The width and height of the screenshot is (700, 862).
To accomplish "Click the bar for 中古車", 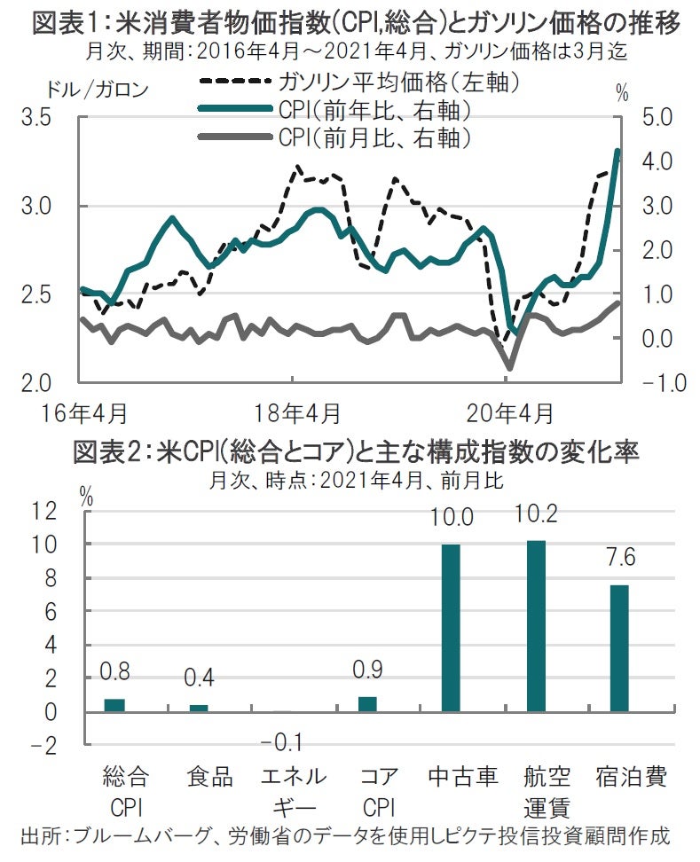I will click(x=451, y=628).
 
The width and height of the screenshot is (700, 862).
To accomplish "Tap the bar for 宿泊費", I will click(x=618, y=648).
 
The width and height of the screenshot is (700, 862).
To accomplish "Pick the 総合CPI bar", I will click(x=114, y=705).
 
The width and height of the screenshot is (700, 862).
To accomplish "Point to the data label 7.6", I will click(x=618, y=560).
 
